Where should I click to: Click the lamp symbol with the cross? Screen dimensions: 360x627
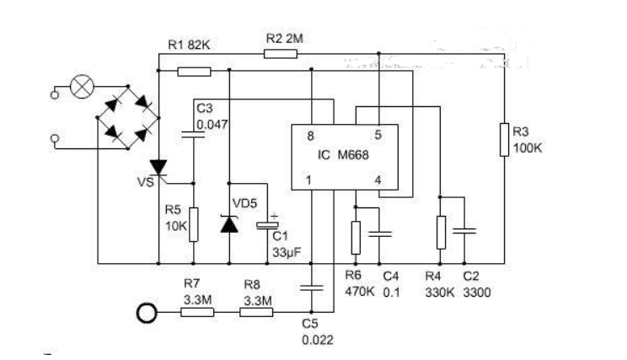[x=83, y=88]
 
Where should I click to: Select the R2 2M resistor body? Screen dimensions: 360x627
[x=280, y=53]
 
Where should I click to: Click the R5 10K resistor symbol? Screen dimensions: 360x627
[x=194, y=223]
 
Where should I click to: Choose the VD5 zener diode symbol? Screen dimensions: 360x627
[x=229, y=223]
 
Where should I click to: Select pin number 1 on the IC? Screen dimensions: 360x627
[x=309, y=180]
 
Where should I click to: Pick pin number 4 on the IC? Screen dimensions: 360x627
[x=378, y=180]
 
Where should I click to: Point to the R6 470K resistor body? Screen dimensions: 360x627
[x=356, y=237]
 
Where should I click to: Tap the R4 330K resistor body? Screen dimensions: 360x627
[x=439, y=232]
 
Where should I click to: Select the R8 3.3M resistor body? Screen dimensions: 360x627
[x=257, y=313]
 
